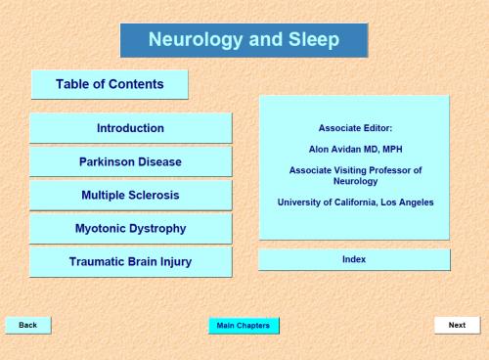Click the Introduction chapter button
pyautogui.click(x=130, y=128)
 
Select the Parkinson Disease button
pyautogui.click(x=130, y=161)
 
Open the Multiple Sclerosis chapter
pyautogui.click(x=130, y=195)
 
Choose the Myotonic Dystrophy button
pyautogui.click(x=130, y=229)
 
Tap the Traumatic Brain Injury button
pyautogui.click(x=130, y=262)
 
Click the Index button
pyautogui.click(x=354, y=259)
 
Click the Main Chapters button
pyautogui.click(x=244, y=325)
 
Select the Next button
pyautogui.click(x=457, y=325)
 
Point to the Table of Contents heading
pyautogui.click(x=110, y=84)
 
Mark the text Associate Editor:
pyautogui.click(x=354, y=128)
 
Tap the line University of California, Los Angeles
pyautogui.click(x=354, y=202)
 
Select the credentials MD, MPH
pyautogui.click(x=381, y=149)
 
